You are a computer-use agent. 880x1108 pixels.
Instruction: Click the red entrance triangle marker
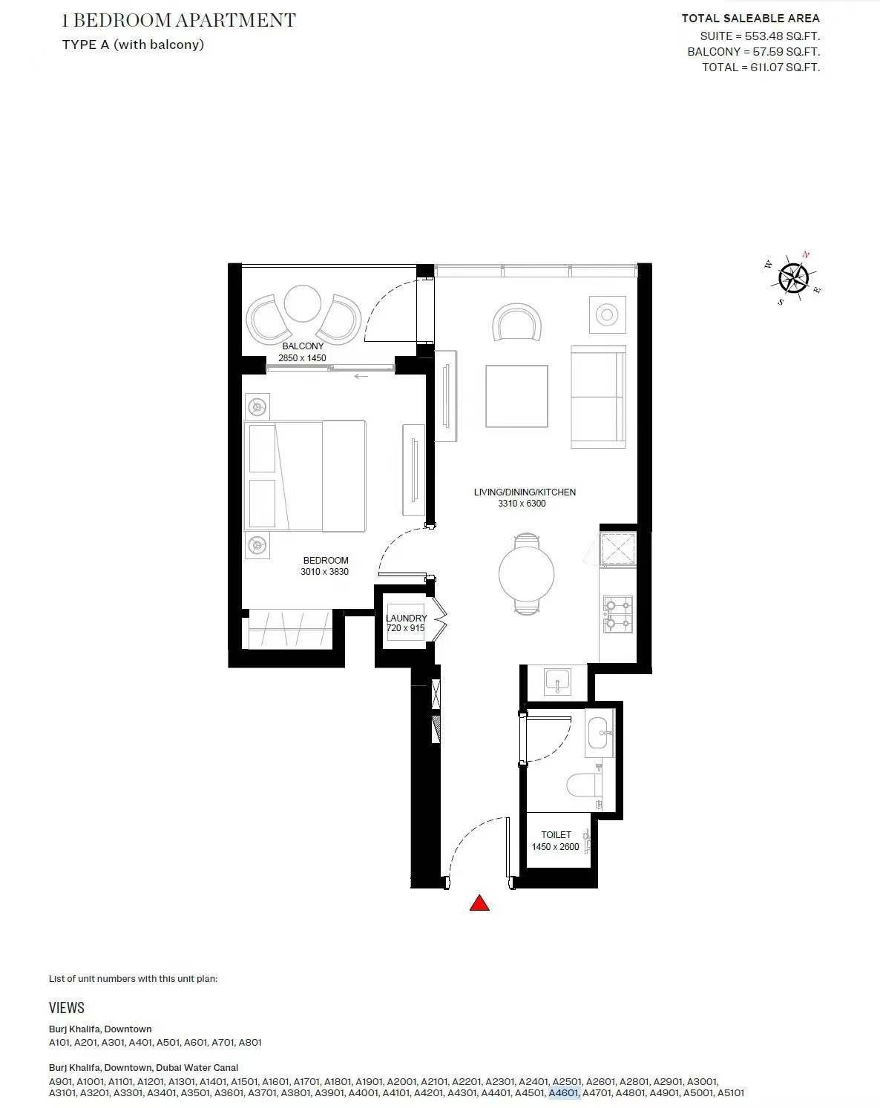click(x=479, y=903)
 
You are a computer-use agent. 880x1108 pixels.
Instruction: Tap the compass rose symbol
click(x=793, y=279)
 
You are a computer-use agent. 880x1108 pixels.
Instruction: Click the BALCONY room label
click(x=303, y=346)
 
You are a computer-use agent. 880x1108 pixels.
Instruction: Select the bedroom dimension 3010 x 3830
click(x=324, y=572)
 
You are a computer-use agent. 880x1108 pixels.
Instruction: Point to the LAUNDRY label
click(x=406, y=618)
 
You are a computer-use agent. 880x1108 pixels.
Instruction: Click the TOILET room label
click(x=556, y=834)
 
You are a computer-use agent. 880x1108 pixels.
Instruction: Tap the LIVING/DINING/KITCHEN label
click(x=525, y=492)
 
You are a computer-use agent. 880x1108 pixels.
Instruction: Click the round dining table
click(x=526, y=573)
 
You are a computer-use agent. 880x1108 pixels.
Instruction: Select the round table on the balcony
click(x=303, y=304)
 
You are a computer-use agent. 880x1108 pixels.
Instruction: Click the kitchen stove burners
click(x=618, y=614)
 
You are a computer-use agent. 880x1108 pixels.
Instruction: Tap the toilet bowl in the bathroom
click(x=584, y=786)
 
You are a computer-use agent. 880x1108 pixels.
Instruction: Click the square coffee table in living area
click(x=516, y=397)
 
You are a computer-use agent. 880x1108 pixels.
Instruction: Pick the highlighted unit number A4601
click(x=564, y=1093)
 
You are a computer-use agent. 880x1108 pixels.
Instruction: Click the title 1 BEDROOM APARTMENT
click(x=179, y=21)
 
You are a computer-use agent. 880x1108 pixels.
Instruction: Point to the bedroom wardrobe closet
click(x=289, y=628)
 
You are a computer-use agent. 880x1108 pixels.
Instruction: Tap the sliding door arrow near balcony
click(x=361, y=376)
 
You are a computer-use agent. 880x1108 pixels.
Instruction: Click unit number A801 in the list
click(x=250, y=1043)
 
